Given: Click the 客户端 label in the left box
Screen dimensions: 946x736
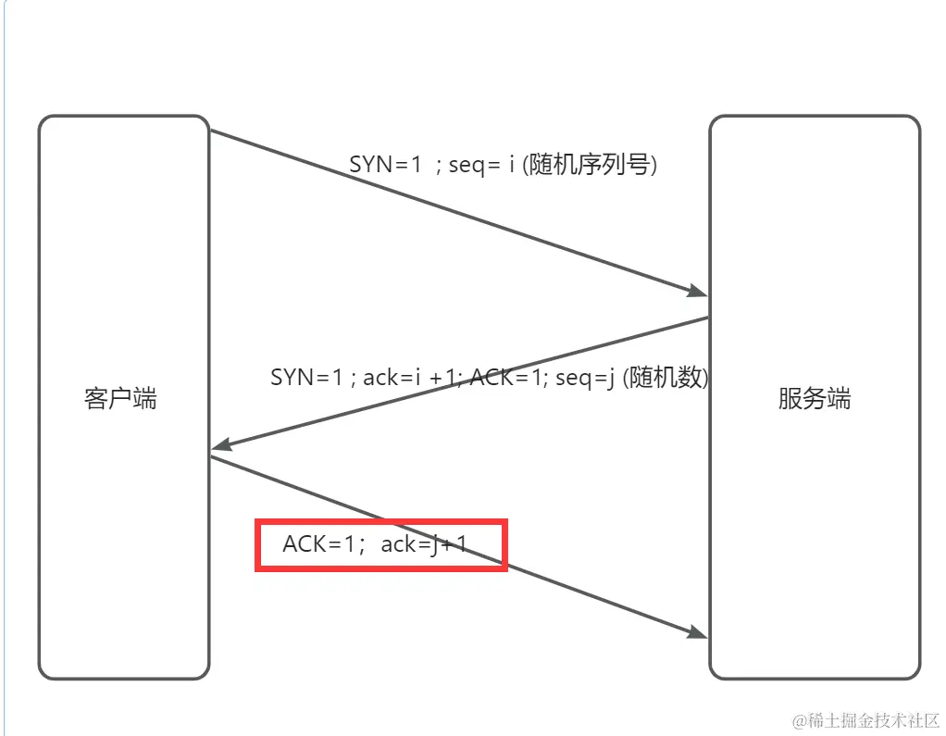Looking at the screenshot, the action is pyautogui.click(x=120, y=400).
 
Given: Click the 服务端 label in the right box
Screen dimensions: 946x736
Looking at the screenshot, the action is pyautogui.click(x=814, y=400).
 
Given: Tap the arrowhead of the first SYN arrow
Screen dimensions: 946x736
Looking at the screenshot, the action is pyautogui.click(x=699, y=292).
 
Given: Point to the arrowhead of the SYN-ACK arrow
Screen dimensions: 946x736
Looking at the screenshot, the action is pyautogui.click(x=220, y=447).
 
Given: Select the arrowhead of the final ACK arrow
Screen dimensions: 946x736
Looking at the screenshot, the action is pyautogui.click(x=699, y=632).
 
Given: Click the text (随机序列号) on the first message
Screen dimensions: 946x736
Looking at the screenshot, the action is pyautogui.click(x=590, y=165).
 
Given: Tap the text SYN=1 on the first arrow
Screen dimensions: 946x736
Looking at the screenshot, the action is pyautogui.click(x=385, y=165).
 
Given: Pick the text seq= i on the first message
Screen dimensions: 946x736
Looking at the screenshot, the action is pyautogui.click(x=481, y=165).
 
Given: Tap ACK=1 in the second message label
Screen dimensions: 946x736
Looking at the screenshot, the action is pyautogui.click(x=509, y=378).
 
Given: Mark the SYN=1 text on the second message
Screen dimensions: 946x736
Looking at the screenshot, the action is pyautogui.click(x=306, y=378).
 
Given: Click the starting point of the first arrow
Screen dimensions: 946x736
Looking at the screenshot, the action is pyautogui.click(x=212, y=131).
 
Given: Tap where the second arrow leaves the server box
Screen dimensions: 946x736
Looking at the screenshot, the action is pyautogui.click(x=708, y=318).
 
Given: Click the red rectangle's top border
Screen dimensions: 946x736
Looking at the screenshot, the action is pyautogui.click(x=381, y=522).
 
